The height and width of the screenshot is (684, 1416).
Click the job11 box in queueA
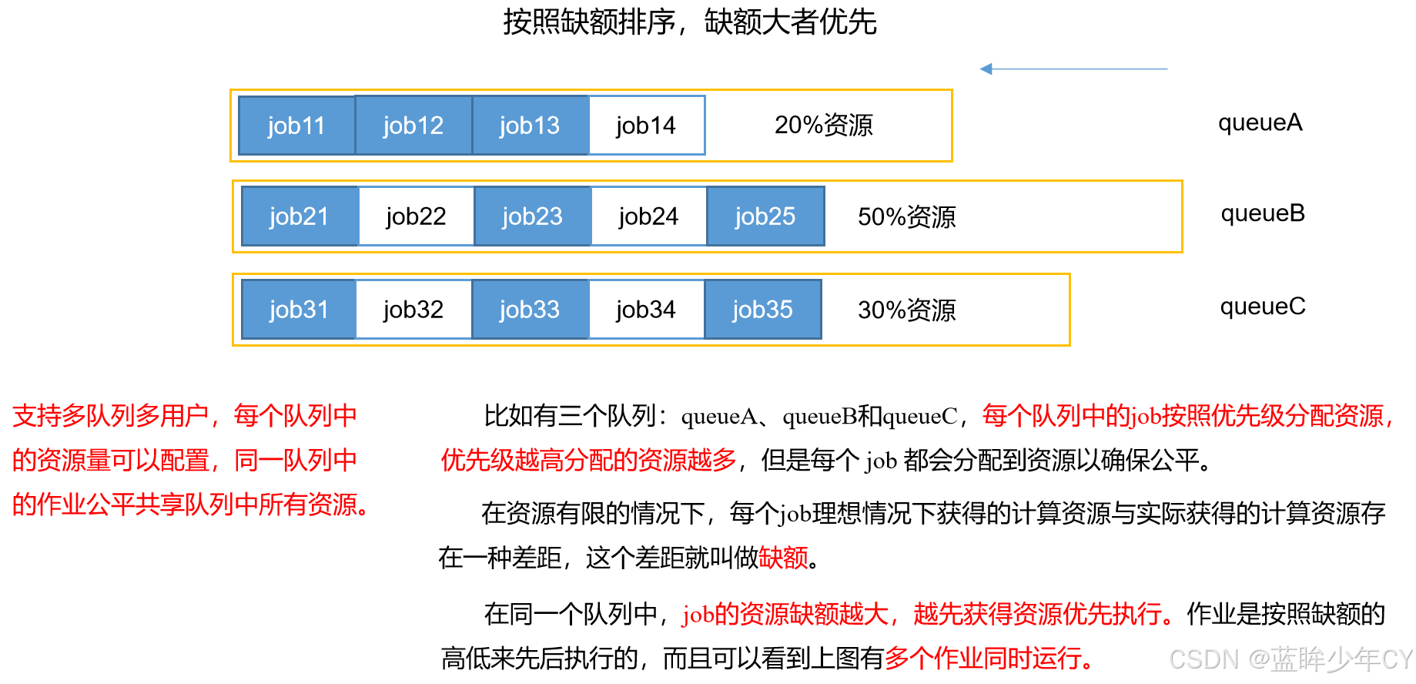click(296, 126)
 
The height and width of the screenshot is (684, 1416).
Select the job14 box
click(646, 126)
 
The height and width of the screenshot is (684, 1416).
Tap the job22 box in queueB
click(416, 216)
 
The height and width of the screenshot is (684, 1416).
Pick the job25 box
click(765, 216)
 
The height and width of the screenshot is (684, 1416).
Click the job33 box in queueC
click(530, 310)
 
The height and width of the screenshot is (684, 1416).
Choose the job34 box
click(646, 310)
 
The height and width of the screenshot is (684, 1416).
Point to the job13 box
click(530, 126)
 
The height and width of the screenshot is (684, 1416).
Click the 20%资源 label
click(823, 125)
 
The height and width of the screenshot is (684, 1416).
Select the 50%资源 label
click(906, 217)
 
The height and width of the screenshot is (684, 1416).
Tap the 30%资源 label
click(906, 310)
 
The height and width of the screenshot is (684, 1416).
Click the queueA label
click(1260, 122)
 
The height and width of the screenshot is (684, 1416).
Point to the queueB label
click(1263, 213)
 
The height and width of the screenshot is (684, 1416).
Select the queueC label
click(1263, 307)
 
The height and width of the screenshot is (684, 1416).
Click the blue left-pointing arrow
click(1073, 69)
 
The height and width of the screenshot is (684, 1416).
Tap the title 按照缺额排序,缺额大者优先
click(690, 22)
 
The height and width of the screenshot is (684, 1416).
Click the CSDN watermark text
click(1290, 659)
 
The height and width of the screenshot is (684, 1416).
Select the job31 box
click(299, 310)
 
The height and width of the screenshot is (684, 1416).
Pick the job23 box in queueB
click(532, 216)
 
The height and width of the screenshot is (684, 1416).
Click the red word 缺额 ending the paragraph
click(783, 557)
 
